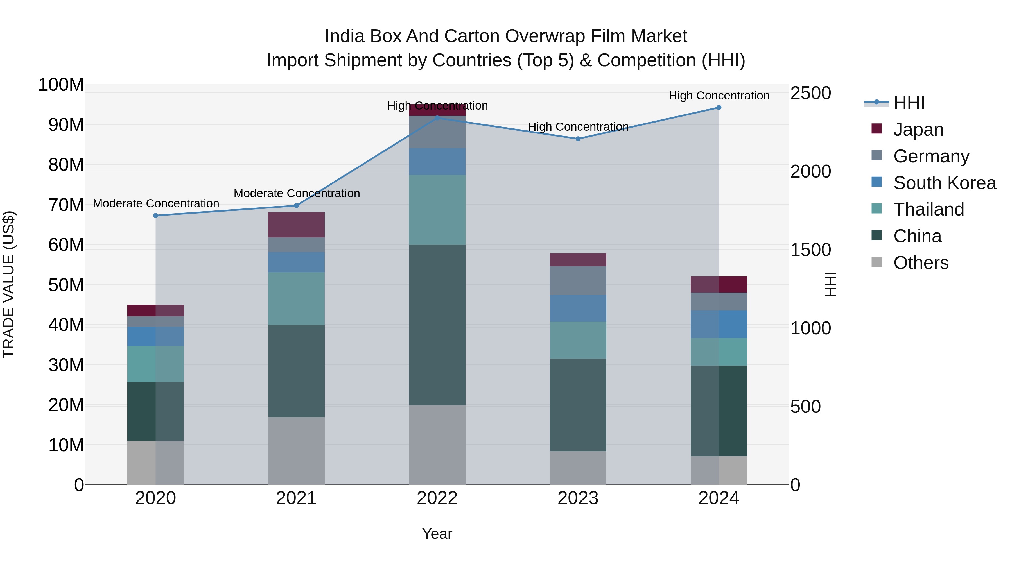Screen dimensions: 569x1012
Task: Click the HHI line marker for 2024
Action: tap(719, 108)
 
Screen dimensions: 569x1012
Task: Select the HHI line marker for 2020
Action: tap(155, 216)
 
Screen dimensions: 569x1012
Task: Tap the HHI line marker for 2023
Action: tap(578, 139)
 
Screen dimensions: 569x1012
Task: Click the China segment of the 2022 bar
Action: tap(437, 325)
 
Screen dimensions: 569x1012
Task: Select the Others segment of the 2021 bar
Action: tap(296, 451)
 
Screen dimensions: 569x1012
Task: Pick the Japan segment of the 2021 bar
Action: tap(296, 225)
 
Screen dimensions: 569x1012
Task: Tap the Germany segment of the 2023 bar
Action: tap(578, 280)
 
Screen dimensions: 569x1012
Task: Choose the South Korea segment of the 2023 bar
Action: tap(578, 308)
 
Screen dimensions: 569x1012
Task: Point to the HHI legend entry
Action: tap(909, 103)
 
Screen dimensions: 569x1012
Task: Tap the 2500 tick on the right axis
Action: tap(810, 94)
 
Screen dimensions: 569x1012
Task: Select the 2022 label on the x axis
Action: tap(437, 498)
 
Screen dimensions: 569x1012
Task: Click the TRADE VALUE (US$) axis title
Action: tap(9, 284)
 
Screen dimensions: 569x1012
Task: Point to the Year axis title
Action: tap(437, 534)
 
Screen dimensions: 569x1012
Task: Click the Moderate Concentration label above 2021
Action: tap(297, 193)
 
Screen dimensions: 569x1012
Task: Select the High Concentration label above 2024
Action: tap(719, 96)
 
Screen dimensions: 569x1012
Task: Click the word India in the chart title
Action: tap(344, 36)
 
